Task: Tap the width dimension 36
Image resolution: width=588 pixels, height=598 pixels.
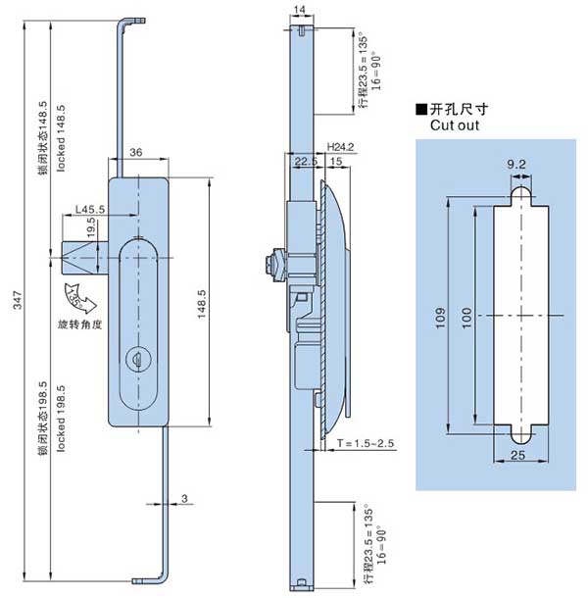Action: pos(136,152)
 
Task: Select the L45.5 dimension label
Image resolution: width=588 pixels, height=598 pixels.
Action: pos(90,208)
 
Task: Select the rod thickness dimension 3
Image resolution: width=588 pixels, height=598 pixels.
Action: pos(182,501)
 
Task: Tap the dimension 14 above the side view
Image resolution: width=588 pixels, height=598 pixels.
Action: pos(299,9)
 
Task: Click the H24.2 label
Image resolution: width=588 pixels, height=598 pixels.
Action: pos(340,146)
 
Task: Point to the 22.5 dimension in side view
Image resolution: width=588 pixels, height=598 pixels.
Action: pos(304,161)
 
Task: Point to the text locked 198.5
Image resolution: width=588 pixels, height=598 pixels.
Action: pos(60,420)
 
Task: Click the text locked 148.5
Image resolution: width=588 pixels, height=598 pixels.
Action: pos(60,136)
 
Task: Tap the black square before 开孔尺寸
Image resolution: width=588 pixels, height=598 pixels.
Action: pos(420,110)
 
